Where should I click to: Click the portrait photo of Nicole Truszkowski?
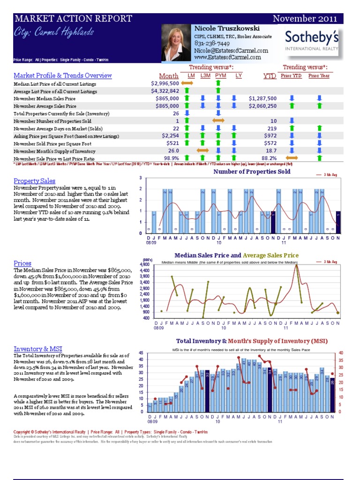176,43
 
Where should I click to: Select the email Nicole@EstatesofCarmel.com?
231,50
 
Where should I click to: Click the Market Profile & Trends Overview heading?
63,75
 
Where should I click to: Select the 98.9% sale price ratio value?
169,158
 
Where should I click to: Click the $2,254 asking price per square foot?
169,136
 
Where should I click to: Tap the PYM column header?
220,75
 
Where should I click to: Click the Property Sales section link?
34,181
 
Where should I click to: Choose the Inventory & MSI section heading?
37,349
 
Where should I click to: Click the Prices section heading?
22,263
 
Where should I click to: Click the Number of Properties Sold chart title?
252,172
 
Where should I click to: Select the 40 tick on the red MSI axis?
340,352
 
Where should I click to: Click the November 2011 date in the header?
305,19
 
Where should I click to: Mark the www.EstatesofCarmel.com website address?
227,57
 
